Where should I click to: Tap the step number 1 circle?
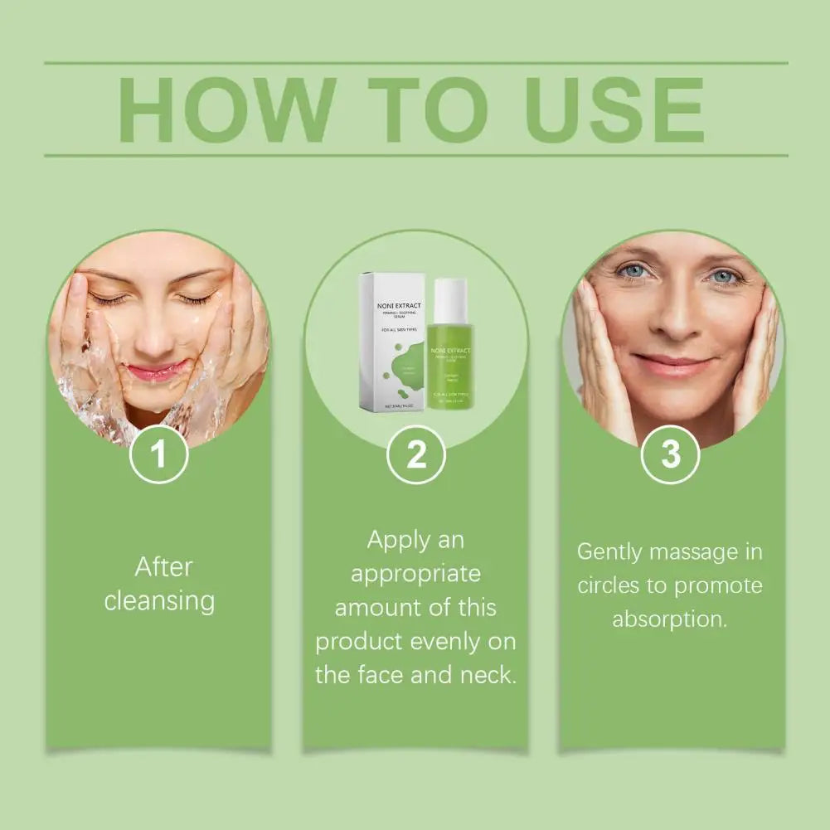[159, 454]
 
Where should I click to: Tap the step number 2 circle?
[416, 454]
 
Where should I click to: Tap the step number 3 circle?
[670, 454]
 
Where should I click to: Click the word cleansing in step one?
[159, 601]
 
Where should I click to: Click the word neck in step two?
[488, 675]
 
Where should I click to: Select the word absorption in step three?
[668, 619]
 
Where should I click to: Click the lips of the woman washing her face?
[154, 372]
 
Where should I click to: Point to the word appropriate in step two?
[415, 574]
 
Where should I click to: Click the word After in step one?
[163, 567]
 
